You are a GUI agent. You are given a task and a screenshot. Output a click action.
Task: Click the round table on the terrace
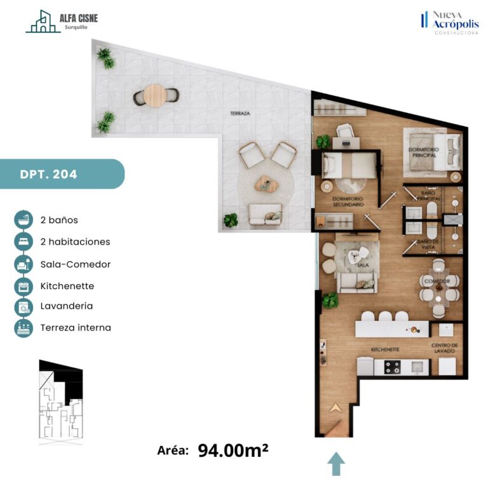pos(155,95)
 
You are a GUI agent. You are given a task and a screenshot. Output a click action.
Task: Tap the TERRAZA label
pos(240,113)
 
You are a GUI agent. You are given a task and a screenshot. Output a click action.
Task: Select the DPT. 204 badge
pos(62,174)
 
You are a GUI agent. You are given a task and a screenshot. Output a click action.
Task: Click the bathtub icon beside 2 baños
pos(24,220)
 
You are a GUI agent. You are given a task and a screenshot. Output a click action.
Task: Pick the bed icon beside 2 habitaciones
pos(24,241)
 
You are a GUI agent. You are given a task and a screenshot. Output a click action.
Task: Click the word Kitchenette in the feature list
pos(67,286)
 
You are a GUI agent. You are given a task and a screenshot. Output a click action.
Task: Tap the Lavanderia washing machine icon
pos(24,306)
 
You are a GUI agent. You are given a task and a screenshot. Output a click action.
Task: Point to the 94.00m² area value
pos(233,450)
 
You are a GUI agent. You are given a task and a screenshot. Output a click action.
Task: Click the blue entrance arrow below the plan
pos(336,464)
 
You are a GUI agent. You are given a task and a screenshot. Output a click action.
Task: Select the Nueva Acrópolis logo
pos(450,23)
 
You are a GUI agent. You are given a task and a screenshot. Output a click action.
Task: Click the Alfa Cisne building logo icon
pos(43,21)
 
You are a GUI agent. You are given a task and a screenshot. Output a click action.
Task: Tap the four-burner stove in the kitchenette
pos(393,367)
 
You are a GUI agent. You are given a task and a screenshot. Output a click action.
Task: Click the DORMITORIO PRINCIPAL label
pos(424,152)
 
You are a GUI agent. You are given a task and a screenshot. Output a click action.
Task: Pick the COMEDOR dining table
pos(438,288)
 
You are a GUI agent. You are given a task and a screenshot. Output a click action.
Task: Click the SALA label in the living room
pos(363,265)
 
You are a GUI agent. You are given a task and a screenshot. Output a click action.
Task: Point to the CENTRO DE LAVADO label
pos(444,348)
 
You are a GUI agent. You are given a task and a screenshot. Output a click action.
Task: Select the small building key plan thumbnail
pos(61,402)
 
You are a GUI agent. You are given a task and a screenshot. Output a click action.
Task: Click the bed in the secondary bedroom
pos(349,166)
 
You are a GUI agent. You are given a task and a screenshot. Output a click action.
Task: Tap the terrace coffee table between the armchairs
pos(267,184)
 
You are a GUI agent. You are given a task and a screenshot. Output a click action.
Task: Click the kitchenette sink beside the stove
pos(416,367)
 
